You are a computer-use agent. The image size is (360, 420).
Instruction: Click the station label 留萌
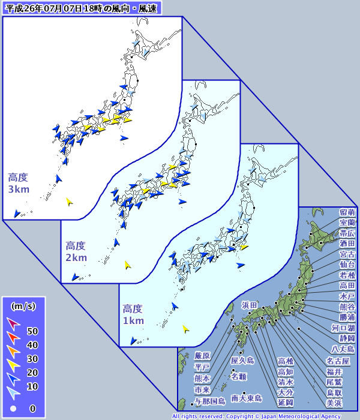point(347,212)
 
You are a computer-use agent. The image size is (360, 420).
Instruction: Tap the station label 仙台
point(347,265)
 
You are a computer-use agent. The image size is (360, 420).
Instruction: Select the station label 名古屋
point(338,361)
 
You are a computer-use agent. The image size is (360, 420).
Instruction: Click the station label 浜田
point(250,305)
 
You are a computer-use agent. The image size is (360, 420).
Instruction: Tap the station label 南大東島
point(247,398)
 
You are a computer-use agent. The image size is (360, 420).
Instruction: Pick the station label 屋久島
point(242,361)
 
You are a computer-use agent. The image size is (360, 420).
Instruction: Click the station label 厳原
point(203,356)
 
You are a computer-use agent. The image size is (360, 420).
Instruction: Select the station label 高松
point(286,361)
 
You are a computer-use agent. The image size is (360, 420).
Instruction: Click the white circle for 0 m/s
point(13,409)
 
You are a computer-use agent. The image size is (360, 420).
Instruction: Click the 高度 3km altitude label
point(18,183)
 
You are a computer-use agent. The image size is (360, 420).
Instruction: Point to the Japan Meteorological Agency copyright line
point(265,416)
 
